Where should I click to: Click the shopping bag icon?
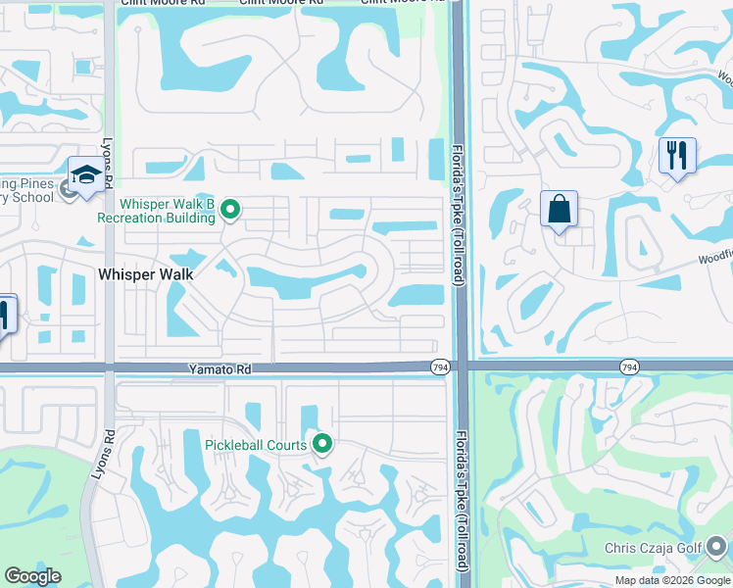tap(559, 209)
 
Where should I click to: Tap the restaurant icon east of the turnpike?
tap(677, 156)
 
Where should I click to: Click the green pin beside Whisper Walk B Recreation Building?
tap(230, 209)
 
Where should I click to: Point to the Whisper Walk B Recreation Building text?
tap(168, 211)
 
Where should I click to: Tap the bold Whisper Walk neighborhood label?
tap(146, 274)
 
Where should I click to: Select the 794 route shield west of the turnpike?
tap(439, 367)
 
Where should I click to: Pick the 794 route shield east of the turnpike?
tap(629, 367)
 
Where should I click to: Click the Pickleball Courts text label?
tap(256, 445)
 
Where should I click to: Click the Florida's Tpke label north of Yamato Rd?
tap(457, 217)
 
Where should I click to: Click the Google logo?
tap(32, 576)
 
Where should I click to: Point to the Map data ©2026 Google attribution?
tap(672, 580)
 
